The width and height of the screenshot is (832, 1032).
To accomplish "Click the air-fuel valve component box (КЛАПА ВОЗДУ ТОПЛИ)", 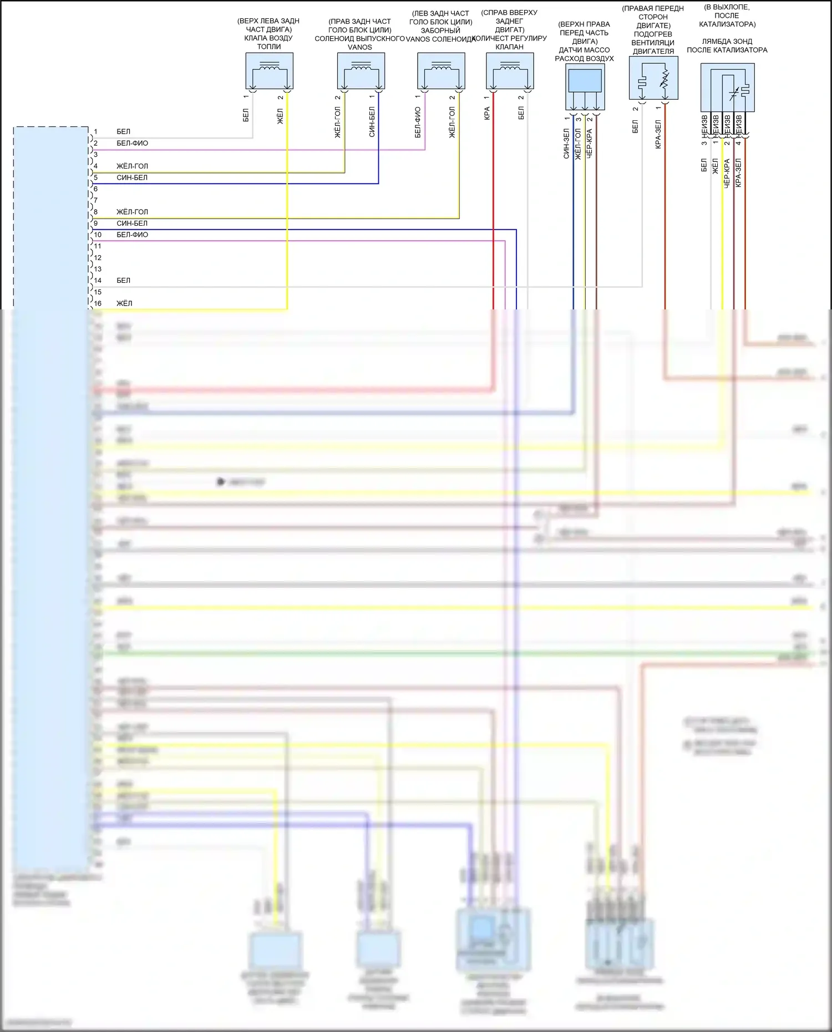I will click(269, 70).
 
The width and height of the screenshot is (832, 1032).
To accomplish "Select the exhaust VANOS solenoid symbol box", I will click(361, 70).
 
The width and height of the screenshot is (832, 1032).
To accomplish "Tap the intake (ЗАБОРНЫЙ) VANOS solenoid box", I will click(441, 70).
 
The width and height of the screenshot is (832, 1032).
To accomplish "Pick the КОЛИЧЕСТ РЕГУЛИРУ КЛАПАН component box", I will click(510, 70).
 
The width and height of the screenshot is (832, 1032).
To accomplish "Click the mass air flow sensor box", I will click(585, 87).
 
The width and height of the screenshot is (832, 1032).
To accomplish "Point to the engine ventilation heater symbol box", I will click(653, 78).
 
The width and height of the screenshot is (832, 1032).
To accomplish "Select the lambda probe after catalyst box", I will click(727, 88).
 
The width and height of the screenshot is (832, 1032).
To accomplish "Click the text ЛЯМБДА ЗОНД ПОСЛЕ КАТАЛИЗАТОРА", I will click(727, 45).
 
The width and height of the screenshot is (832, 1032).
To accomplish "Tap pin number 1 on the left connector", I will click(95, 132).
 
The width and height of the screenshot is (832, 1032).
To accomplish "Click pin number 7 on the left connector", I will click(95, 201).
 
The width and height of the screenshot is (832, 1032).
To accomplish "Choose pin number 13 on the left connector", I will click(98, 269).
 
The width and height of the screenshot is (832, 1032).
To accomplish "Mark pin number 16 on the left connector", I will click(98, 303).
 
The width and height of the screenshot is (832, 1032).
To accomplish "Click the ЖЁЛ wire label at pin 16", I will click(124, 303).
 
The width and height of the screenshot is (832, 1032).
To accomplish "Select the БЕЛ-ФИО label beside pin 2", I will click(132, 143).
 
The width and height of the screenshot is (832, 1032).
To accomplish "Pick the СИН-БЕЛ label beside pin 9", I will click(132, 223).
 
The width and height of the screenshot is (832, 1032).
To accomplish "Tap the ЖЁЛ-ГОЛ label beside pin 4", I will click(132, 166).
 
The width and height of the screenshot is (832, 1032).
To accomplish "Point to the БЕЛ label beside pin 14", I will click(123, 281).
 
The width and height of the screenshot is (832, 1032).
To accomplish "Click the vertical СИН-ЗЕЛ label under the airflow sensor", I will click(566, 144).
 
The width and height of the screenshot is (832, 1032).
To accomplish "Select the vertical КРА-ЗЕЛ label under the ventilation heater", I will click(658, 134).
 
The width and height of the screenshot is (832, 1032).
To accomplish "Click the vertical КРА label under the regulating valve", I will click(487, 114).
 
